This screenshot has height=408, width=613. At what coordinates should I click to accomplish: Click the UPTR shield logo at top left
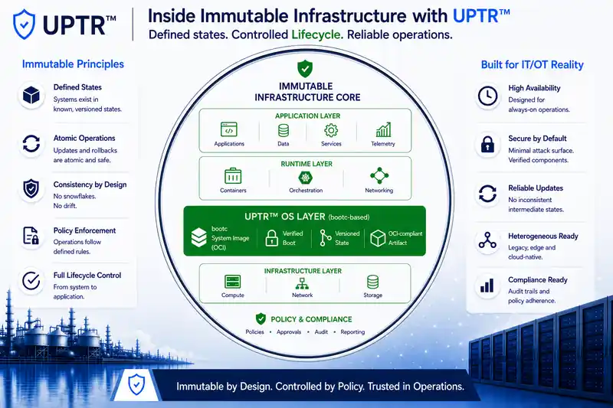click(24, 24)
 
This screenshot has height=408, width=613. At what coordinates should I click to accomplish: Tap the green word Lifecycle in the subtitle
click(317, 34)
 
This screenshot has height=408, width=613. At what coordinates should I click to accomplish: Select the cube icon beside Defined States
click(31, 95)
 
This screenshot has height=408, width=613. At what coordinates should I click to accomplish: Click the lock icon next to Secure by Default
click(487, 144)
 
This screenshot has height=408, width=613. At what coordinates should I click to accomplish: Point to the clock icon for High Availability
click(488, 96)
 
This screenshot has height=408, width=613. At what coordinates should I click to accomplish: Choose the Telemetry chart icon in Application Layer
click(383, 130)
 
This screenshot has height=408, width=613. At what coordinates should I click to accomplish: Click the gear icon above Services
click(331, 130)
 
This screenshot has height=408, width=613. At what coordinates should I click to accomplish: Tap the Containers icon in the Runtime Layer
click(233, 176)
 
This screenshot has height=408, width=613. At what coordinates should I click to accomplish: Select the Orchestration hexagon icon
click(305, 178)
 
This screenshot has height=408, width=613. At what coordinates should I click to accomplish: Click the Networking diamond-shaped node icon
click(379, 176)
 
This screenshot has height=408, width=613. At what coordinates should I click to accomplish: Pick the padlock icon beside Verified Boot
click(271, 238)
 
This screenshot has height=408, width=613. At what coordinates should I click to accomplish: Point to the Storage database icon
click(372, 282)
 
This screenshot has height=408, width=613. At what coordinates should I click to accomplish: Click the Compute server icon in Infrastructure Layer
click(233, 282)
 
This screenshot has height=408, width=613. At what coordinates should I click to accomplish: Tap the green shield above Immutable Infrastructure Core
click(305, 69)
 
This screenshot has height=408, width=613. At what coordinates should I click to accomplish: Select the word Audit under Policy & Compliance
click(321, 332)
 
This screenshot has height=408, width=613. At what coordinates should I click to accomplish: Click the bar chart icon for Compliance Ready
click(487, 286)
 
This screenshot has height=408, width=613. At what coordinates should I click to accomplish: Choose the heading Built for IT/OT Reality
click(532, 65)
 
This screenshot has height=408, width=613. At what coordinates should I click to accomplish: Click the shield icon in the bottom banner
click(136, 384)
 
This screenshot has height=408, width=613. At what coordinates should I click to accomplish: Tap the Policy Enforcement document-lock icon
click(31, 236)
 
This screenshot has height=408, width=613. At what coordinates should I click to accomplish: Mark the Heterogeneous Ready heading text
click(543, 237)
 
